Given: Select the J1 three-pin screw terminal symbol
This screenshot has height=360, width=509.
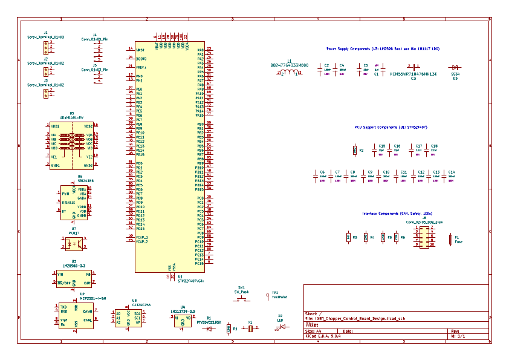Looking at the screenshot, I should [45, 46].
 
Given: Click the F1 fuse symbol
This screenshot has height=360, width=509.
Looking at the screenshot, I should [450, 240].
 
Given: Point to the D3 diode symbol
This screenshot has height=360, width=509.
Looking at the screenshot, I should [454, 68].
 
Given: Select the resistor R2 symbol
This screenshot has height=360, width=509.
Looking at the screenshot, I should [354, 150].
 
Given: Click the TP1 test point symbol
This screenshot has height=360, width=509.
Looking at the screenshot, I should [267, 296].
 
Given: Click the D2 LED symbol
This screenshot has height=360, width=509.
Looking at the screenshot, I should [280, 327].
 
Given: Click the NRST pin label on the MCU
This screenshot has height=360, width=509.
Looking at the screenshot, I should [140, 50].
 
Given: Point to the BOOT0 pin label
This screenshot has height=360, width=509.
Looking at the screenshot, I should [141, 59].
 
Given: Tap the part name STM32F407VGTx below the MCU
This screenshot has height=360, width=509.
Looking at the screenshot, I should [190, 280].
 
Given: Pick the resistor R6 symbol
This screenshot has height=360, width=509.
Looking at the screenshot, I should [397, 238].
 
